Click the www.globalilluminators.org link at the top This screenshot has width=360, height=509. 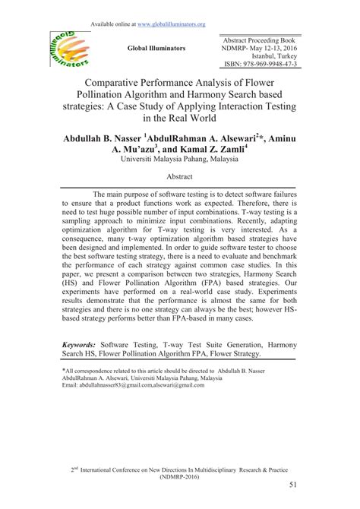tap(169, 24)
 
